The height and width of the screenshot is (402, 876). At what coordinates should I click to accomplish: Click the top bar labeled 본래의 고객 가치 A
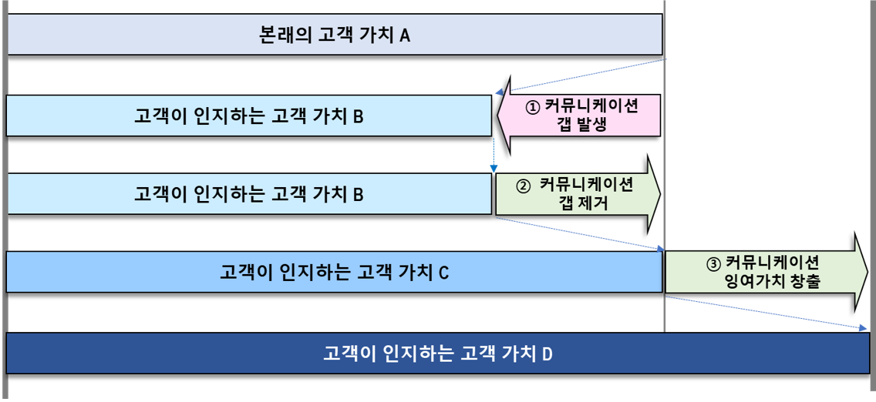[x=335, y=35]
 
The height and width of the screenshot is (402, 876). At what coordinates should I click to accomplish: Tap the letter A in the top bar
[x=405, y=35]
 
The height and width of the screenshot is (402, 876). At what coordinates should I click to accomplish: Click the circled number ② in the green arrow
[x=522, y=186]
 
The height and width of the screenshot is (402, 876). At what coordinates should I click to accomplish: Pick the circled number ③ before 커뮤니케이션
[x=713, y=263]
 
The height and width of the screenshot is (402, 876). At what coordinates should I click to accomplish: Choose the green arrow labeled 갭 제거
[x=578, y=194]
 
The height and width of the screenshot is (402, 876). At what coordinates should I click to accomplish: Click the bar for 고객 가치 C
[x=334, y=272]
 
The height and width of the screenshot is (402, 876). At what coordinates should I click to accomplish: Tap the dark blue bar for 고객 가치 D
[x=438, y=353]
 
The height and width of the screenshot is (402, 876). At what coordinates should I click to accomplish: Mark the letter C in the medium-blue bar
[x=443, y=273]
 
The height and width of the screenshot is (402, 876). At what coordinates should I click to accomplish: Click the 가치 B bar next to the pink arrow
[x=248, y=116]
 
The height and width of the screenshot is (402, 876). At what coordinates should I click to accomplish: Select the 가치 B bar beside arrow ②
[x=248, y=194]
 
